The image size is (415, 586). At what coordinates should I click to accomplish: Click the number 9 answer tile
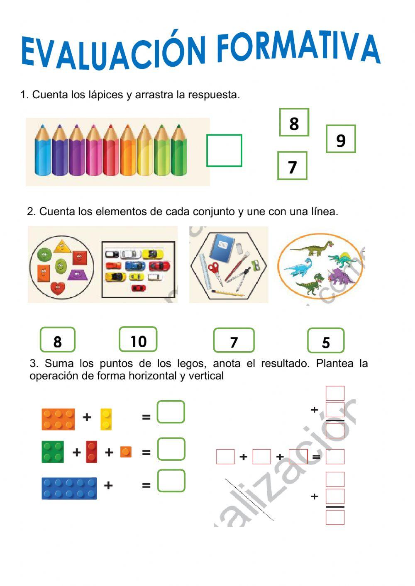pos(341,139)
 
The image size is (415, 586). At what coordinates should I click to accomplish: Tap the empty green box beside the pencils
pos(224,151)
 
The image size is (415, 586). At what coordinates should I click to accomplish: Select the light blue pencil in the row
pos(43,151)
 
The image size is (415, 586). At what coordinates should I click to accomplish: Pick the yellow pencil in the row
pos(145,151)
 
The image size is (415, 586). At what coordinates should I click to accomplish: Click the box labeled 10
pos(138,340)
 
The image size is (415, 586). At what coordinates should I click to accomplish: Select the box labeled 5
pos(326,341)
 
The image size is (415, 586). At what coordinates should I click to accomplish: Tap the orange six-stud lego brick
pos(59,419)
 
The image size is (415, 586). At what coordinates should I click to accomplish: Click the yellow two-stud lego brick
pos(106,419)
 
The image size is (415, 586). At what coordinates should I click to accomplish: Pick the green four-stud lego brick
pos(53,452)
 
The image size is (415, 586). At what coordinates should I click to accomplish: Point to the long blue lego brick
pos(69,488)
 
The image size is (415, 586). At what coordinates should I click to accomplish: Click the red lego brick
pos(91,452)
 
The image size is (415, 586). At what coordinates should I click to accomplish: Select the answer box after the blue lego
pos(171,481)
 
